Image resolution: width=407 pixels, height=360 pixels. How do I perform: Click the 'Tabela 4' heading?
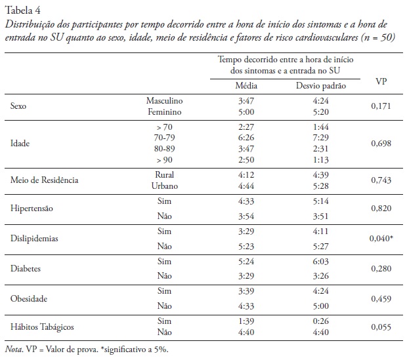click(x=22, y=8)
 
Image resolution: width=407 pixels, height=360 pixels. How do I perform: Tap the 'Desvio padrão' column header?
click(x=321, y=86)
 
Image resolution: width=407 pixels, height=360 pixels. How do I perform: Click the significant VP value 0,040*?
click(x=381, y=239)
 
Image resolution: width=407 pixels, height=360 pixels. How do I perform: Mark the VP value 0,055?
click(x=381, y=326)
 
